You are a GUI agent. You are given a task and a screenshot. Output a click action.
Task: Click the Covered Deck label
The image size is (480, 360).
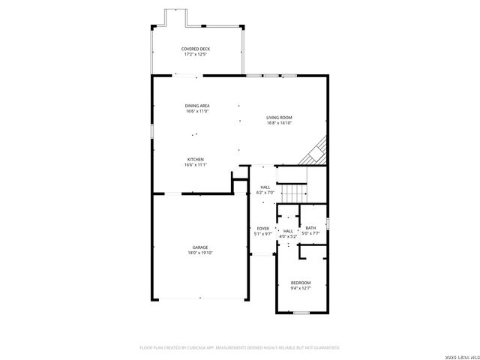195,49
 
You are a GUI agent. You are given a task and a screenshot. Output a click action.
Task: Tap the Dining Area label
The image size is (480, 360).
197,106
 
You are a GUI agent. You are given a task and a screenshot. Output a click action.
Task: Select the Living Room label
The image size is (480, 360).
279,118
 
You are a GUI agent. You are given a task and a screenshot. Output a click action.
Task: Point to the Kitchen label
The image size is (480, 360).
195,160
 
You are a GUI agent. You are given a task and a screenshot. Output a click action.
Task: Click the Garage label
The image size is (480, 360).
199,247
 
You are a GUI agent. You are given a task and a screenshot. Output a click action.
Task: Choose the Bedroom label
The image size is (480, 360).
300,283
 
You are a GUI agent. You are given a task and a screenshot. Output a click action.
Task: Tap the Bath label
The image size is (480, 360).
310,228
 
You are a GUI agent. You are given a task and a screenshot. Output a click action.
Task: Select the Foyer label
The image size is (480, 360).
262,228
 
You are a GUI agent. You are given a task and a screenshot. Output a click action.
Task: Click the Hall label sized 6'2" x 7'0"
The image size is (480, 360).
265,187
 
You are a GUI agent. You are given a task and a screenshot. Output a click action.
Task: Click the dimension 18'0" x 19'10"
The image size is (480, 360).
199,253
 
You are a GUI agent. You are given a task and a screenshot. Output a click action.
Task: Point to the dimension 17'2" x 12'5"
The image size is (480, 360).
195,54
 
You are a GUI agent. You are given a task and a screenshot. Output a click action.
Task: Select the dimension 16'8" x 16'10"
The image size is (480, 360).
279,123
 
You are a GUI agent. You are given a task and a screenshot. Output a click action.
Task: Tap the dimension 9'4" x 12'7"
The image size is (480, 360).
300,288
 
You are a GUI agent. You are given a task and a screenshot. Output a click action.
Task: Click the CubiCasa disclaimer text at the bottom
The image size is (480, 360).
240,348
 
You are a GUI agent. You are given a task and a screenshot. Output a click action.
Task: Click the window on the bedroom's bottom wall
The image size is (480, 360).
301,313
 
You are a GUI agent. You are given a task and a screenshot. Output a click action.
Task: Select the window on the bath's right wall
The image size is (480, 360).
328,222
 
